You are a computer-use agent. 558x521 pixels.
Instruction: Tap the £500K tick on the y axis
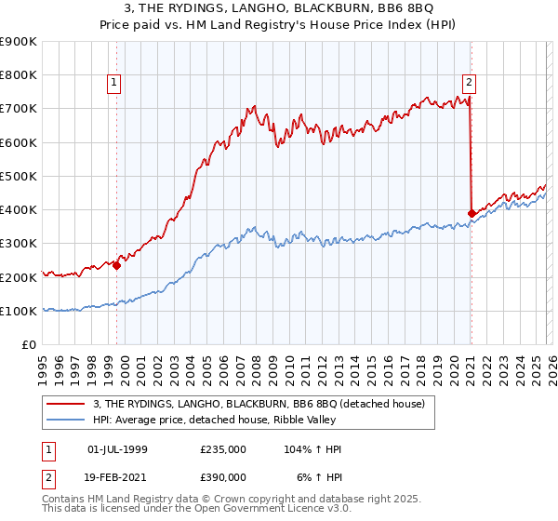pos(19,176)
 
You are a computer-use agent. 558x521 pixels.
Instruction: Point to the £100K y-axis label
pos(19,311)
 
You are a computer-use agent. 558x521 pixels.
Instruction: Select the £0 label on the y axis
pos(28,344)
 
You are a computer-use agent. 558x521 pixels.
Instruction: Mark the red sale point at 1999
pos(117,265)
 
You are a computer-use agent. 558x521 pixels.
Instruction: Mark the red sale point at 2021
pos(472,213)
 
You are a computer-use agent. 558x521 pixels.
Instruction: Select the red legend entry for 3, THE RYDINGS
pos(259,403)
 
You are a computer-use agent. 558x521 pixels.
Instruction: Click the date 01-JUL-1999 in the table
pos(116,449)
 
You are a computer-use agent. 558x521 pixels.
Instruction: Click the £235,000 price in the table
pos(223,449)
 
